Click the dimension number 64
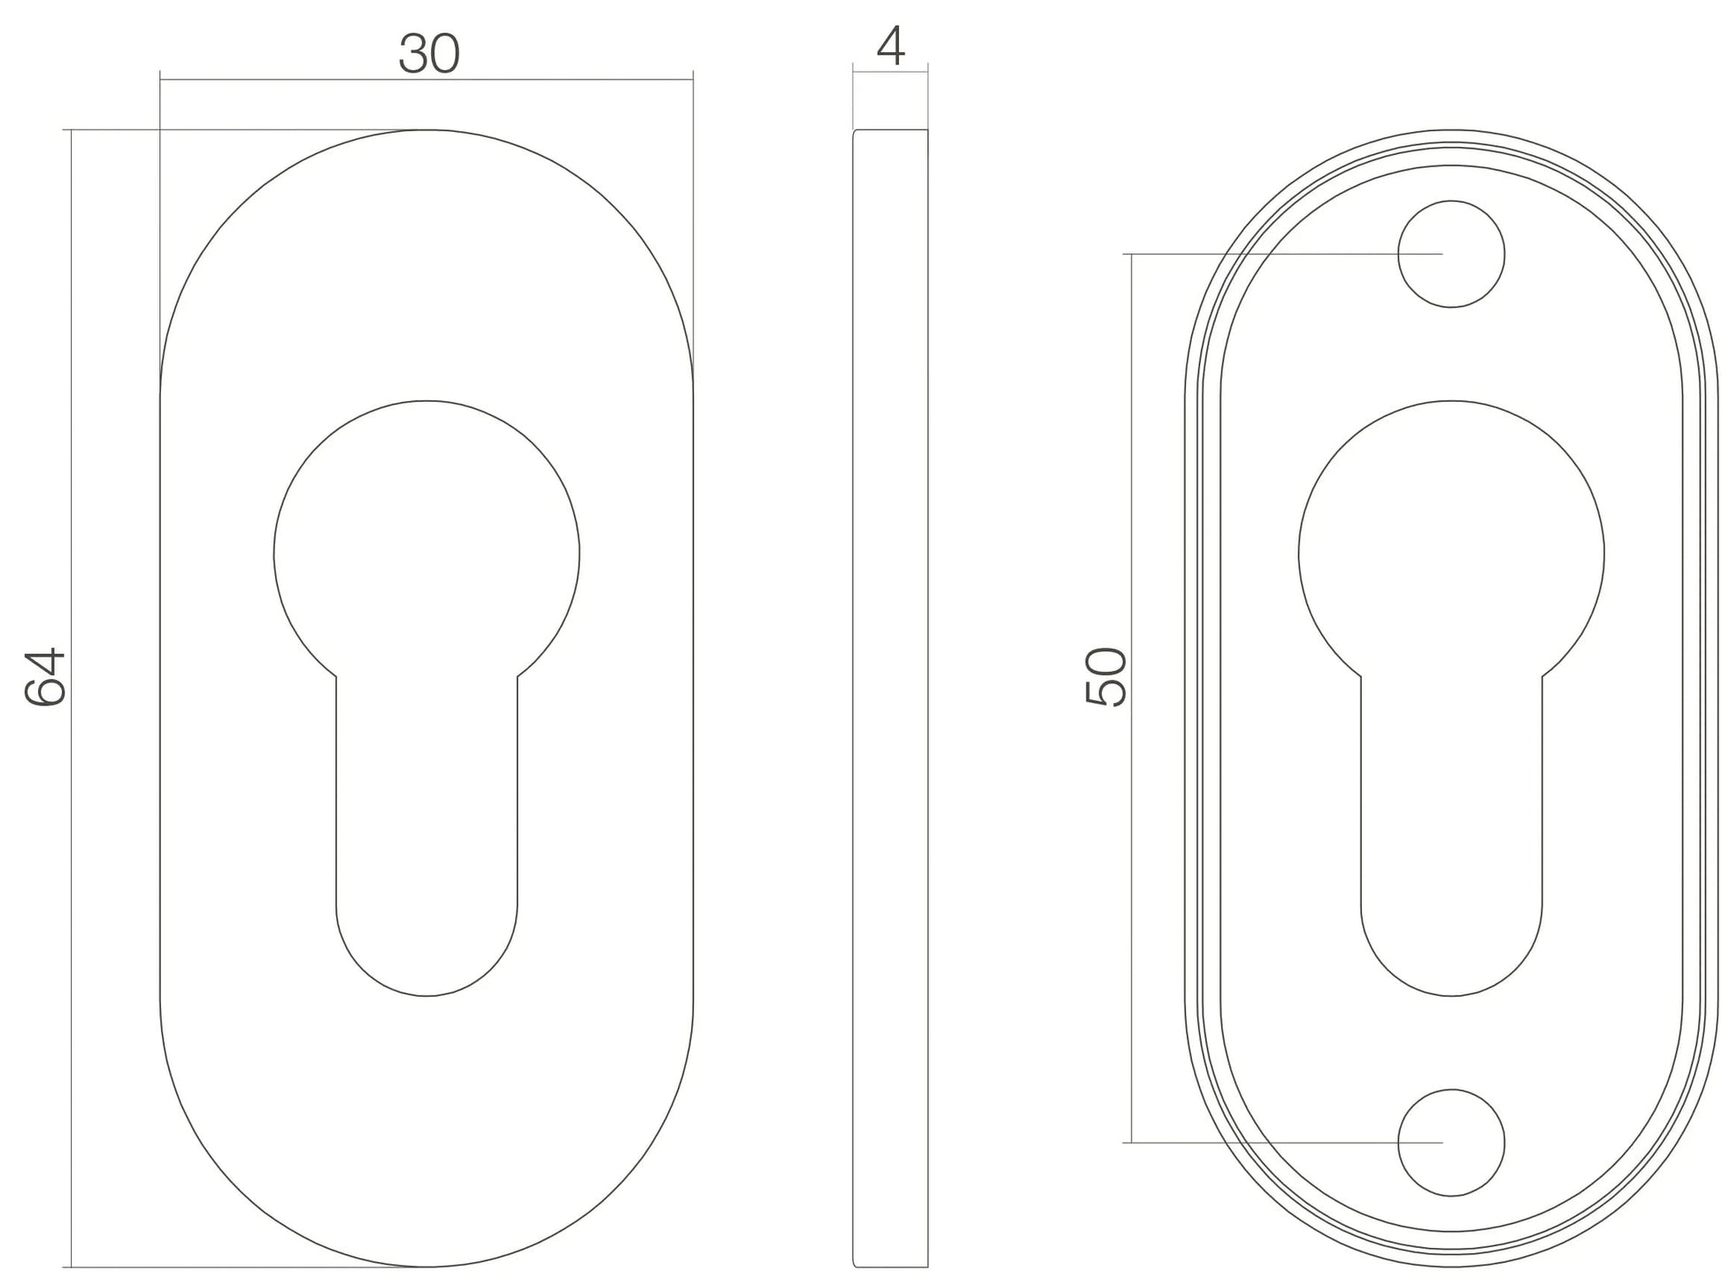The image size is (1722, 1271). point(44,676)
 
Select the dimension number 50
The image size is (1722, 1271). point(1106,676)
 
